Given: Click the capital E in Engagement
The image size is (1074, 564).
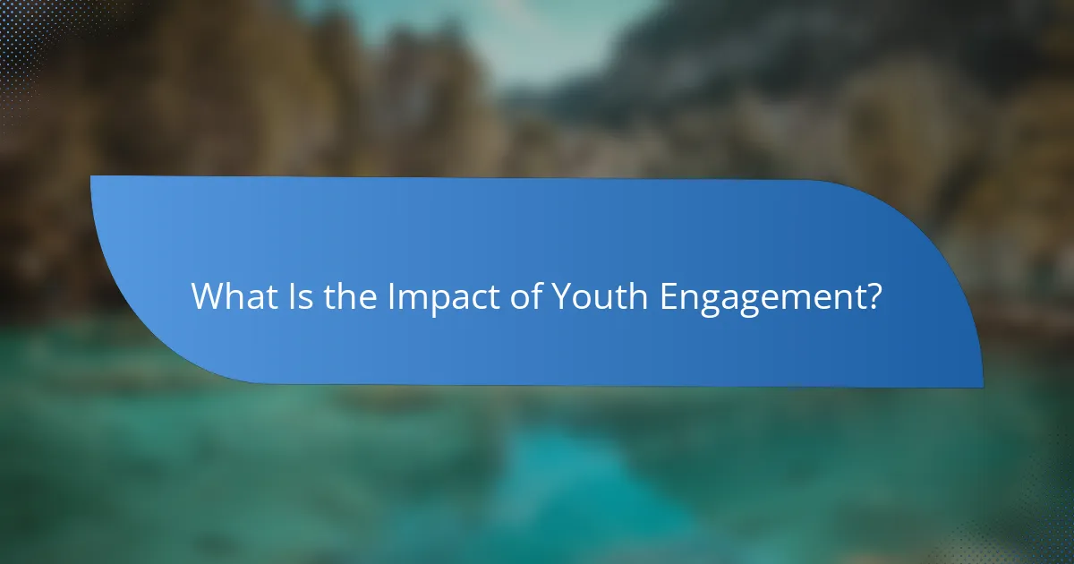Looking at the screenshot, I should click(669, 297).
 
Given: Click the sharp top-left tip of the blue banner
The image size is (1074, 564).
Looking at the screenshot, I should click(92, 177).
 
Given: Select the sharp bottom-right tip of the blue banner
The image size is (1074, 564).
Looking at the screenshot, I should click(982, 387).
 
